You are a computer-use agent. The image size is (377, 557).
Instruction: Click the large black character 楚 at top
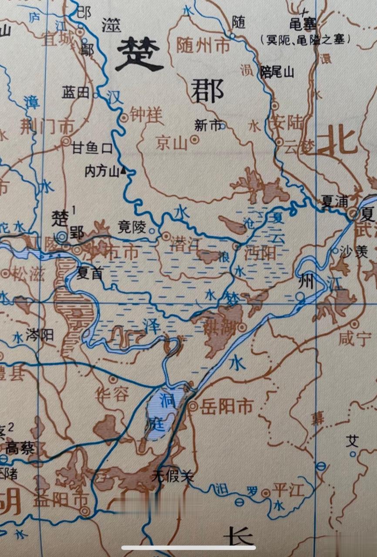point(139,54)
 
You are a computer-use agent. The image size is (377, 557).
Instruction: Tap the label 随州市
point(203,45)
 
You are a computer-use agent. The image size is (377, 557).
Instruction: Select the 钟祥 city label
point(146,115)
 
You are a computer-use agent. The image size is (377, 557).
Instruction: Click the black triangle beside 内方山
point(123,171)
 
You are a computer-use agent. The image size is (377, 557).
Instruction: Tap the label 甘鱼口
point(92,149)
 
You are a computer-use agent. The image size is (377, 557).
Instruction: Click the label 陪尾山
point(277,72)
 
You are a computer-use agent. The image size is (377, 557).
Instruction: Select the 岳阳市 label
point(227,406)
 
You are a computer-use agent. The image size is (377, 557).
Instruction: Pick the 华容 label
point(112,395)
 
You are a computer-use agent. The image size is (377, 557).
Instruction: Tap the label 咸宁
point(353,339)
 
